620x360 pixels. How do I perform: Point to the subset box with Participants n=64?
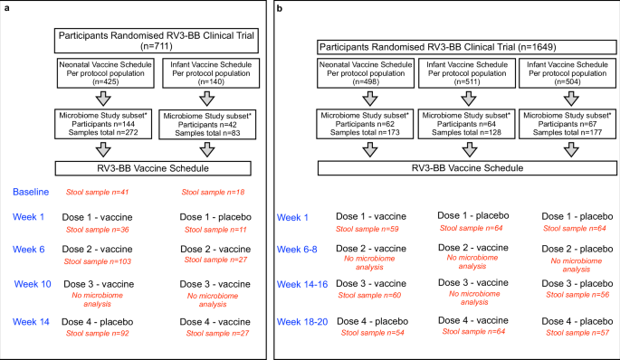pyautogui.click(x=462, y=124)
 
